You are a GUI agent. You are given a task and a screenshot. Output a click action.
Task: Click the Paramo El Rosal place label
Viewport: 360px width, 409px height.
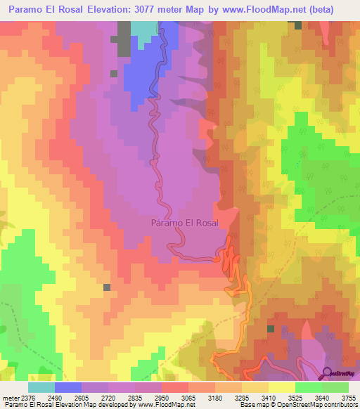point(185,223)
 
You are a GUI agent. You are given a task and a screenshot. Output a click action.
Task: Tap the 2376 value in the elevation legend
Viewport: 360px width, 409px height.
point(29,398)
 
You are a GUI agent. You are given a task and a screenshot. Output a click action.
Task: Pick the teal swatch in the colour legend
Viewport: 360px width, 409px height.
point(41,387)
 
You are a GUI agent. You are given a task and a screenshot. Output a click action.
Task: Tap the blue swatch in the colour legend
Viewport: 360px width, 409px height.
point(68,387)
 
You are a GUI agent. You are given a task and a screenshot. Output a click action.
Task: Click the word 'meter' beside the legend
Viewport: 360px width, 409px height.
point(11,398)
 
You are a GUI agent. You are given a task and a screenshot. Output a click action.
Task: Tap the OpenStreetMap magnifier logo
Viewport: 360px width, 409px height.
point(328,373)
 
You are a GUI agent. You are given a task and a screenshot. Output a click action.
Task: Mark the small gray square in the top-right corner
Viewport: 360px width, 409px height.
point(298,25)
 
